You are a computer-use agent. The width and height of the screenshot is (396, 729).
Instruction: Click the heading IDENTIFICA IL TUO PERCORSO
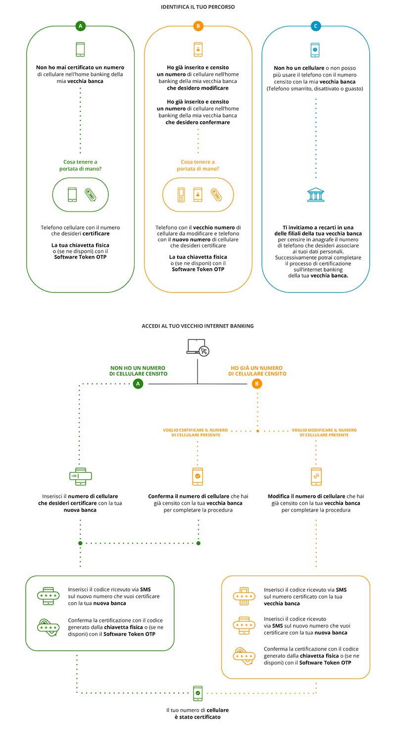click(x=198, y=7)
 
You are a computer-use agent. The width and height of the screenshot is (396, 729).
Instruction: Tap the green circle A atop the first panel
click(x=80, y=26)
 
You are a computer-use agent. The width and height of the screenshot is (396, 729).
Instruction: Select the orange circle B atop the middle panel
click(x=198, y=26)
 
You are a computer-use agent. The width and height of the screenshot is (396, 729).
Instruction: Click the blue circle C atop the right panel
click(x=316, y=26)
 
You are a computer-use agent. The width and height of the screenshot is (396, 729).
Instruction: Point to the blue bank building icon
click(x=316, y=194)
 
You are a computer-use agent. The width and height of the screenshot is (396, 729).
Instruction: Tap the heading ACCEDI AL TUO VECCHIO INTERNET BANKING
click(x=198, y=326)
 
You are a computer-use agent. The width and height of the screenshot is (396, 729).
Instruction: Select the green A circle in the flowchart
click(x=138, y=384)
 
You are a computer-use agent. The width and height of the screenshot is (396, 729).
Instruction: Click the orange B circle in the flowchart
click(x=257, y=384)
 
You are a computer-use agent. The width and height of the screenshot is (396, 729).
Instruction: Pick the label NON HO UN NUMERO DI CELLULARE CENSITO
click(x=138, y=371)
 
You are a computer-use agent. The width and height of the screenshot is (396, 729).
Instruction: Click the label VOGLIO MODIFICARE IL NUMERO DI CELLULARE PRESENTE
click(x=324, y=432)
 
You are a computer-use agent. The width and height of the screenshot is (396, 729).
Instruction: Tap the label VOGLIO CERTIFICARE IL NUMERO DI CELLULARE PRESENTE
click(x=196, y=432)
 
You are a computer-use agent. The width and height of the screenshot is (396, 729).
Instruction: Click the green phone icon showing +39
click(x=80, y=477)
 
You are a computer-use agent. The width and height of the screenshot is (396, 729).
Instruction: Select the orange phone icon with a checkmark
click(x=198, y=477)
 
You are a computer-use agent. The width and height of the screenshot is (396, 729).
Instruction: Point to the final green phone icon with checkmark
click(x=198, y=693)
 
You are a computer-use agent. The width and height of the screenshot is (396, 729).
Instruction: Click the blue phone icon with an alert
click(x=315, y=50)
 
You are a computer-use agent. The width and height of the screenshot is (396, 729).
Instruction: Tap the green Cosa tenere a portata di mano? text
click(x=80, y=165)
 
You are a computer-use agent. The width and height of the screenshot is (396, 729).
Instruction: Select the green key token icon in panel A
click(x=91, y=194)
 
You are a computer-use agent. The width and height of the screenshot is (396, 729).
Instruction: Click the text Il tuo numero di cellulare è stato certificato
click(x=198, y=713)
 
